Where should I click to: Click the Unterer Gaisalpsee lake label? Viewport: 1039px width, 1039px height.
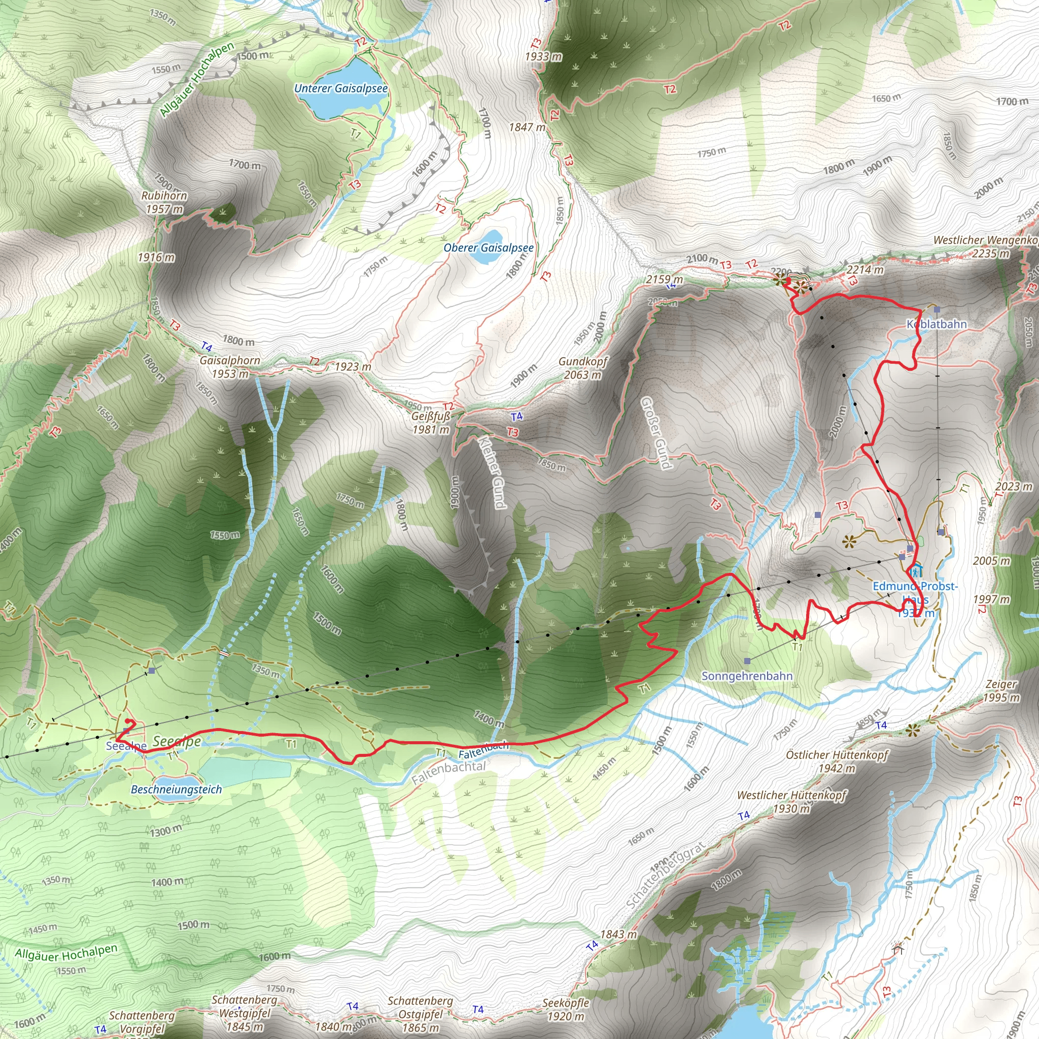[x=340, y=88]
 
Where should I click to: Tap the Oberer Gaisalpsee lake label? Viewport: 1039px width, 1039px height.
[x=489, y=248]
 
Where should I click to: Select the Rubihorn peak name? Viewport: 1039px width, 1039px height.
[x=164, y=196]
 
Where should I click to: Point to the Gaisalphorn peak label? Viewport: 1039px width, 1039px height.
[x=230, y=361]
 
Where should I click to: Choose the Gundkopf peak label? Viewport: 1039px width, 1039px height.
[x=582, y=362]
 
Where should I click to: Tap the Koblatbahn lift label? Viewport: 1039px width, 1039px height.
[x=937, y=324]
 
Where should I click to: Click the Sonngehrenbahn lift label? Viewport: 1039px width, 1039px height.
[x=746, y=676]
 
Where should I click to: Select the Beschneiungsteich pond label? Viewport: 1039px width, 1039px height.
[x=177, y=789]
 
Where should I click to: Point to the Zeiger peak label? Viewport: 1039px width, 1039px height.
[x=1001, y=684]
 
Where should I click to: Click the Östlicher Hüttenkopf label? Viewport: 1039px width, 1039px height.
[x=836, y=755]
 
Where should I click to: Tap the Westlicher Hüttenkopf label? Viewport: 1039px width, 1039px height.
[x=791, y=795]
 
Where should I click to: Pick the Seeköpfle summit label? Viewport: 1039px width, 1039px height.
[x=565, y=1003]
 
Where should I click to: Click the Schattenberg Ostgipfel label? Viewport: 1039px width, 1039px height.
[x=420, y=1001]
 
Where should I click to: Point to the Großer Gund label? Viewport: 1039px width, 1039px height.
[x=656, y=433]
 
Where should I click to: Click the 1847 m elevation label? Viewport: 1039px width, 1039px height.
[x=527, y=127]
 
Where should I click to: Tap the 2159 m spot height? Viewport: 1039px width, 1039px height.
[x=664, y=280]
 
